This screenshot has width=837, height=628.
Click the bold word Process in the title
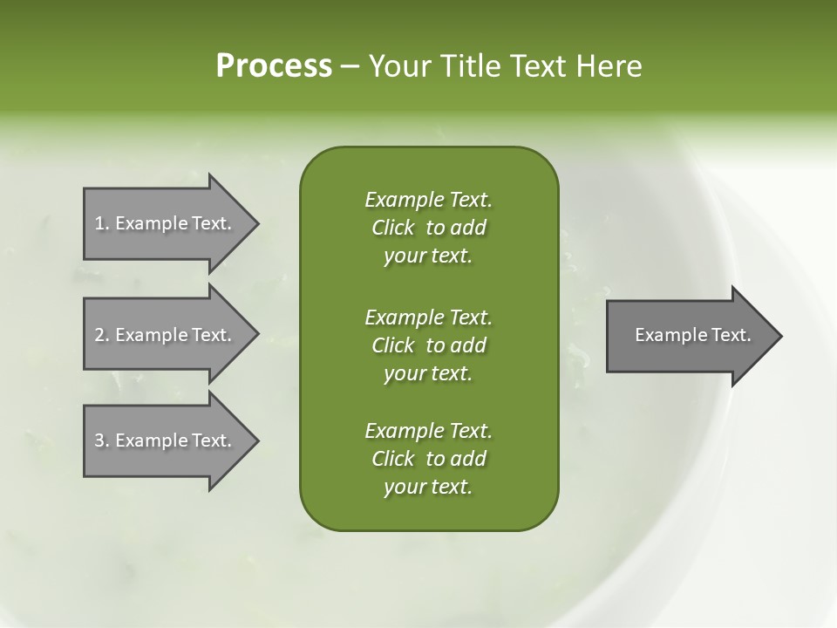[274, 66]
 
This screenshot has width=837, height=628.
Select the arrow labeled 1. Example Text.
[166, 223]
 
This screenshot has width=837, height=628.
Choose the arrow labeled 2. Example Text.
[166, 335]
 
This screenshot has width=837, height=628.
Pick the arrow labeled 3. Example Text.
[166, 440]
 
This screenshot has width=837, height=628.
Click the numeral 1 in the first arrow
[99, 223]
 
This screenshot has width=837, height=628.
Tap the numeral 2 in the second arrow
[99, 335]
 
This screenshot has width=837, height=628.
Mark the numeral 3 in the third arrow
[99, 440]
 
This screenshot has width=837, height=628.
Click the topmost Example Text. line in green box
[428, 200]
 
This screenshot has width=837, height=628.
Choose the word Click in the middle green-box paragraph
[393, 345]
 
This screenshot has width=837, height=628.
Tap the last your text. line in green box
[428, 488]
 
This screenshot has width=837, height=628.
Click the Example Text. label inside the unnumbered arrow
[693, 335]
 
